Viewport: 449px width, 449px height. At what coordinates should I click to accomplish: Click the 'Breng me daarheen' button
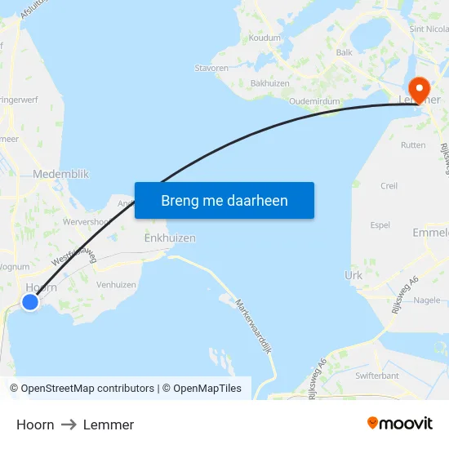[224, 200]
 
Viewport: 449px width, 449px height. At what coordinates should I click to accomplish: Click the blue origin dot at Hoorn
[30, 302]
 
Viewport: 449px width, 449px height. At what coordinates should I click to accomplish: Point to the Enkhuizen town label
[170, 238]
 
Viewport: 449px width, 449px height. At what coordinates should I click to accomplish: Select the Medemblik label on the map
[61, 174]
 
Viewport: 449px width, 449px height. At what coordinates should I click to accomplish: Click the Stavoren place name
[211, 69]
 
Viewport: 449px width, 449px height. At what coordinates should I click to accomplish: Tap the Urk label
[353, 276]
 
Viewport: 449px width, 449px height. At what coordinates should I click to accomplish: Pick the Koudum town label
[265, 38]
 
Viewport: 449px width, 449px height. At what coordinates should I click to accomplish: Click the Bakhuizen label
[270, 83]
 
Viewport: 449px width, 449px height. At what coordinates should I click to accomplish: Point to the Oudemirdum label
[315, 102]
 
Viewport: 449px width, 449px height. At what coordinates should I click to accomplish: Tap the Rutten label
[413, 145]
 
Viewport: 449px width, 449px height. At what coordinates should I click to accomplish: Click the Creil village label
[389, 186]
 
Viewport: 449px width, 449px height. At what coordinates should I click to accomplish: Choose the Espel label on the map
[380, 225]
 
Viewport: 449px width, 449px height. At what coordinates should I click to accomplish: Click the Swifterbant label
[377, 376]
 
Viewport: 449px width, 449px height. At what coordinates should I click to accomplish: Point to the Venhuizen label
[117, 285]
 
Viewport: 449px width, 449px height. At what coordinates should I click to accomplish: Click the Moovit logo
[400, 424]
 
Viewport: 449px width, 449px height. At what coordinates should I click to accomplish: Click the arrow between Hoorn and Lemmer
[69, 425]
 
